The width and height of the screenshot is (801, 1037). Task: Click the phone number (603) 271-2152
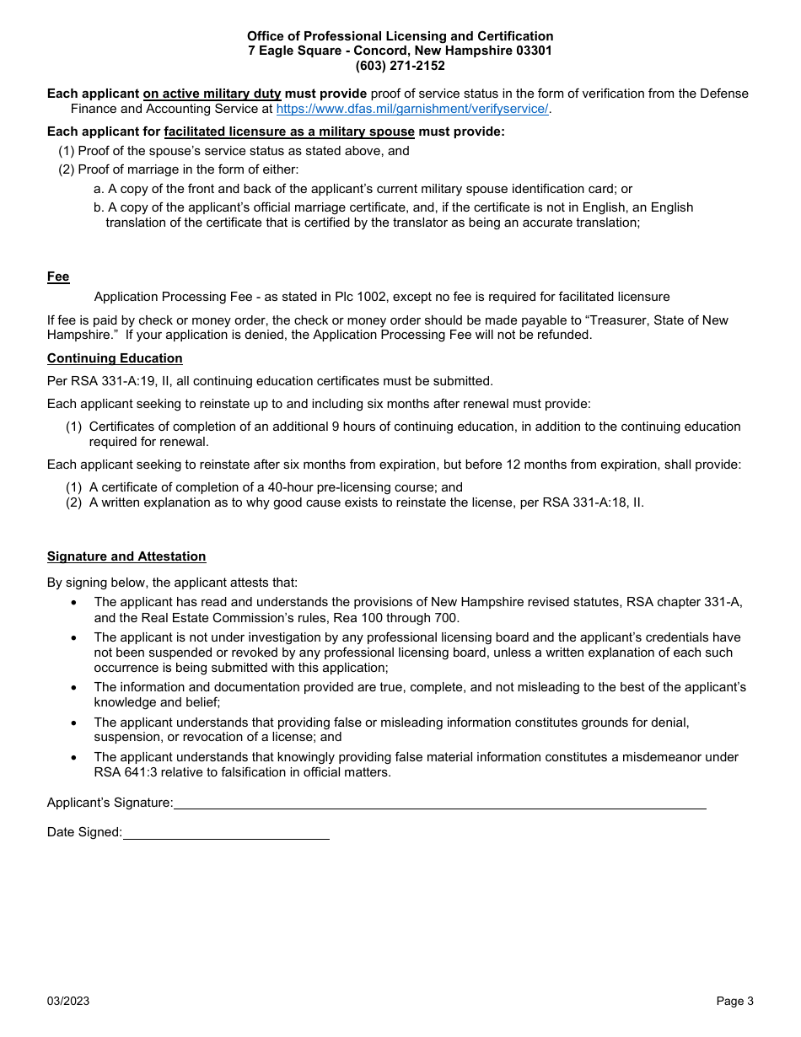point(400,66)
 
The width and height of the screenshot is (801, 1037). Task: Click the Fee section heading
point(58,277)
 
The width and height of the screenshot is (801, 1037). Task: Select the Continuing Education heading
point(115,358)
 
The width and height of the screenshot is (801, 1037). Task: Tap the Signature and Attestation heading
point(126,556)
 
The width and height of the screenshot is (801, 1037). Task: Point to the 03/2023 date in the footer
point(68,1001)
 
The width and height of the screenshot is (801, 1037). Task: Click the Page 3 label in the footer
point(734,1001)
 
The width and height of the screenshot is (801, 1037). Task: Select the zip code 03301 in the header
point(534,51)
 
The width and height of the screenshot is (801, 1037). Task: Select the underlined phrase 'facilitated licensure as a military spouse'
point(289,132)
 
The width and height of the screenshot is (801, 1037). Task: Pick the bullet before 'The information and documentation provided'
point(75,688)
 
